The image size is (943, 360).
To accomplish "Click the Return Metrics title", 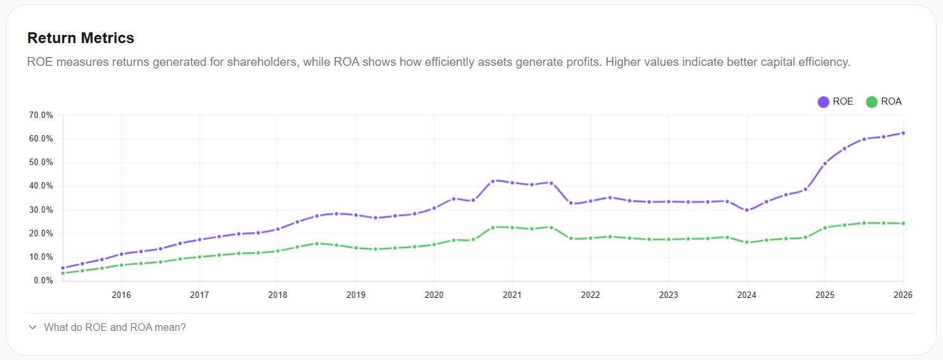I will point(80,38).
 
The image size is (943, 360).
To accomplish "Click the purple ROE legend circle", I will point(823,102).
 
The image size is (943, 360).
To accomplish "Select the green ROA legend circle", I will point(871,102).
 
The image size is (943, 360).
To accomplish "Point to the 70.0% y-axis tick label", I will point(41,115).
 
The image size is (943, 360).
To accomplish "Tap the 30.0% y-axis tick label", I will point(41,210).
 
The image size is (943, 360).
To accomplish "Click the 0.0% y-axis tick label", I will point(42,281).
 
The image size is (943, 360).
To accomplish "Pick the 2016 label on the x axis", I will point(121,295).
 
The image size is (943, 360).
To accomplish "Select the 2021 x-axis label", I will point(512,295).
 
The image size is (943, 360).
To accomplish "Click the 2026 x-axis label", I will point(902,295).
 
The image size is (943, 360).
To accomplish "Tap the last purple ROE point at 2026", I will point(903,133).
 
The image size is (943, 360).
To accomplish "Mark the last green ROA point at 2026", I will point(903,223).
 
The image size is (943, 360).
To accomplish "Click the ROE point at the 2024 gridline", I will point(747,210).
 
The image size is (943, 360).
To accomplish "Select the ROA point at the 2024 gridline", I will point(747,242).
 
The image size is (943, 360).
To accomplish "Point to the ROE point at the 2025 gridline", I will point(824,164).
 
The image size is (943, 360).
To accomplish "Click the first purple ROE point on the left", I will point(63,268).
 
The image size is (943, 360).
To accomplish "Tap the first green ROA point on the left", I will point(63,273).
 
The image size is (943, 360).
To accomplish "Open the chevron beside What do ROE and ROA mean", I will point(32,328).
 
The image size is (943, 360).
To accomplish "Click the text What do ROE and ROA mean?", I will point(115,328).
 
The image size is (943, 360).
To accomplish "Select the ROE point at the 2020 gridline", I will point(434,208).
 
